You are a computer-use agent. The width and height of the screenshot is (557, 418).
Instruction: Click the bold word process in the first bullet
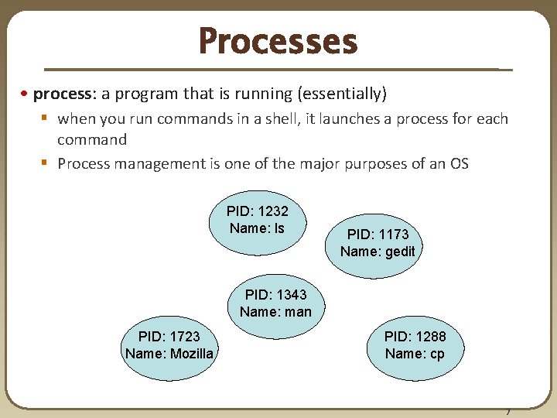[63, 94]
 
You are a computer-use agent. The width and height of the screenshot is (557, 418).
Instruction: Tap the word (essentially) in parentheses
[342, 94]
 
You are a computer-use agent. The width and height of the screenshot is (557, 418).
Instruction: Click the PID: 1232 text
[257, 211]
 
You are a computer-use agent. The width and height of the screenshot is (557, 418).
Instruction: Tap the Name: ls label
[257, 228]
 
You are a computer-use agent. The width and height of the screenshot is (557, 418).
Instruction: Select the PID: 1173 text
[378, 235]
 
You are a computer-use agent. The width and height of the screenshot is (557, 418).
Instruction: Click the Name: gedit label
[378, 252]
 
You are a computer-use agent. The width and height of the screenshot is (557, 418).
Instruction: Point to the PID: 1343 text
[275, 295]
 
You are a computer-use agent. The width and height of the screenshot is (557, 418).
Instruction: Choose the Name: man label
[275, 312]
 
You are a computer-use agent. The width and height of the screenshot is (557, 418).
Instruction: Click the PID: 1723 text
[169, 337]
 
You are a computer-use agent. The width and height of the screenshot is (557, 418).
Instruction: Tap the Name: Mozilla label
[169, 354]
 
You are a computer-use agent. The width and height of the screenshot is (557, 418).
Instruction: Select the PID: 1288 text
[415, 337]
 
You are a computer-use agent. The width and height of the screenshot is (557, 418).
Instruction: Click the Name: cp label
[415, 354]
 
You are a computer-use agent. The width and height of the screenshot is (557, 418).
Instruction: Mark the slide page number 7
[507, 412]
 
